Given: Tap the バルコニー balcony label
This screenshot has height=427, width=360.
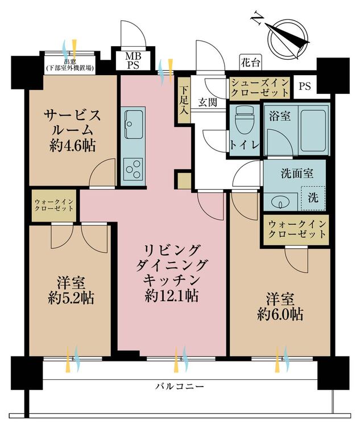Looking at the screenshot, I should (x=180, y=387).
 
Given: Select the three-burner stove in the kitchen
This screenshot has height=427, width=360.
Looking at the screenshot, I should (x=134, y=169).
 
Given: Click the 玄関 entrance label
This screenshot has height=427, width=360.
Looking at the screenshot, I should (x=207, y=102).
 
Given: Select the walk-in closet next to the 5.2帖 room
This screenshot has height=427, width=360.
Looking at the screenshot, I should (x=54, y=205).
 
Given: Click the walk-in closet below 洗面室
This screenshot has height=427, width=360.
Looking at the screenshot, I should (x=297, y=229).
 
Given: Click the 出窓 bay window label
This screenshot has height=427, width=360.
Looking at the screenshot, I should (x=71, y=64).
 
